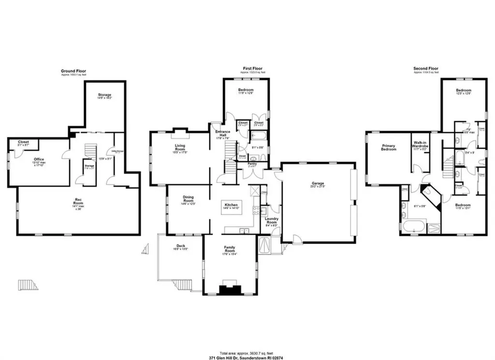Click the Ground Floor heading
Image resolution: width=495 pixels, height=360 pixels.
click(73, 70)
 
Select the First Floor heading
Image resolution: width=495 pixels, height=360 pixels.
click(252, 68)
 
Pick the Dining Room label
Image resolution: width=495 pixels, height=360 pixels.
click(189, 198)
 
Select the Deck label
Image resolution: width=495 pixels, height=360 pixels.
click(181, 246)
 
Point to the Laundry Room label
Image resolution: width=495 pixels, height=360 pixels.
click(272, 221)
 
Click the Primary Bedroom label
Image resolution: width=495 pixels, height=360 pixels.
click(389, 148)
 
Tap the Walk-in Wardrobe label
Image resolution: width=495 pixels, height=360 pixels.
click(419, 145)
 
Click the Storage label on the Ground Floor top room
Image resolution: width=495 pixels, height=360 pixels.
click(105, 94)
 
